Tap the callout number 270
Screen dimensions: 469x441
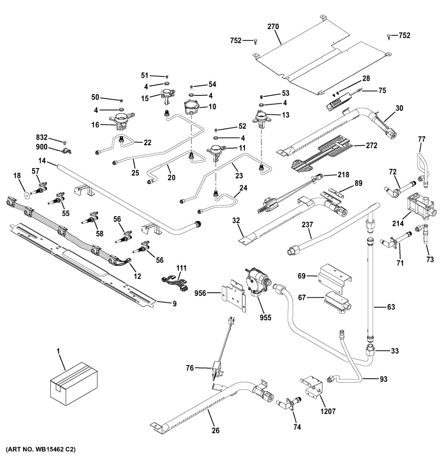click(x=273, y=27)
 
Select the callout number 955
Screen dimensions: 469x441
click(x=266, y=317)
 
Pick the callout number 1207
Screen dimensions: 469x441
click(x=328, y=411)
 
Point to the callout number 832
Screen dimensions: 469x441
click(x=42, y=138)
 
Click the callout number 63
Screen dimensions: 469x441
click(x=391, y=307)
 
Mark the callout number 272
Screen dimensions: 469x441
click(x=372, y=145)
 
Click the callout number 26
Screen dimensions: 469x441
click(x=216, y=430)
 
